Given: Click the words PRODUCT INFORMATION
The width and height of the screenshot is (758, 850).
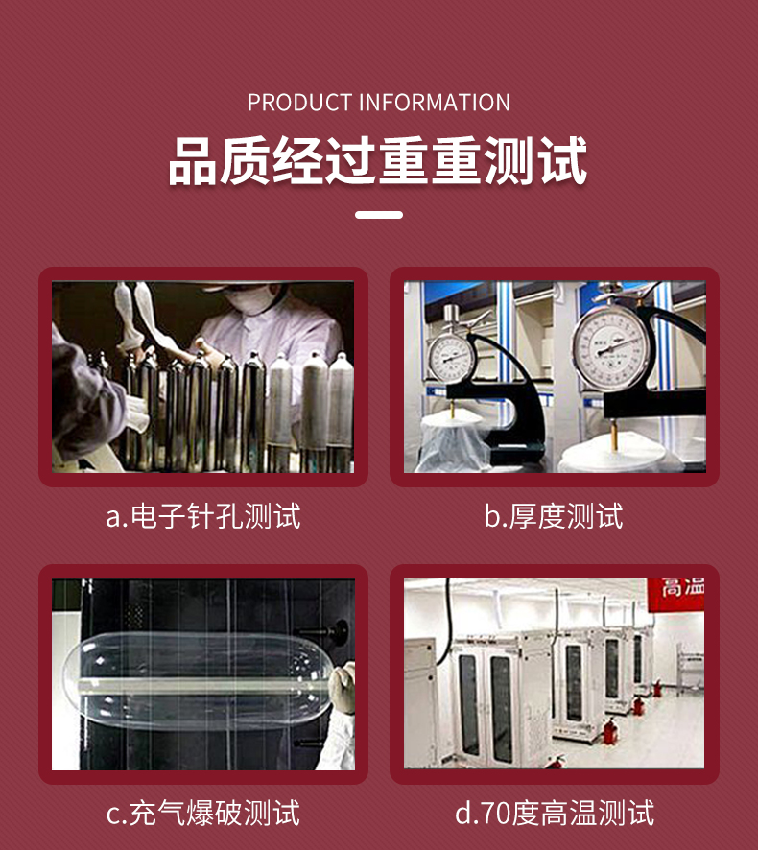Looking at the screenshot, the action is point(378,103).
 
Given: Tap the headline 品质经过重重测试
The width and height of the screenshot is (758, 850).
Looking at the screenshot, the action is point(378,161).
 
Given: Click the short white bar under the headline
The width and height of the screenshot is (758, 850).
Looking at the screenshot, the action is point(379,215).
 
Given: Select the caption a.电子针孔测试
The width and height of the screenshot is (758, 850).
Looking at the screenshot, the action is point(203,515).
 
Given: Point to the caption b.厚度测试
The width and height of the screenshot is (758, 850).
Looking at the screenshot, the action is point(554,515).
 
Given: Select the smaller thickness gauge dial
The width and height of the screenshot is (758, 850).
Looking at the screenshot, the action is point(449,358).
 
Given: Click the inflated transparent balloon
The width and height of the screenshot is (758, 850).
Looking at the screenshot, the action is point(198,680).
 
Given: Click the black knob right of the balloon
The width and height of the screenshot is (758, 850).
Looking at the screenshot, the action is point(340,631).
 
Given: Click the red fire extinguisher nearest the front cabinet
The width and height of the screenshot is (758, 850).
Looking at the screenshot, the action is point(610,731).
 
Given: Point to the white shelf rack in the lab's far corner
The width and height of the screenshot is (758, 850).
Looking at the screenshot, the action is point(690,669).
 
